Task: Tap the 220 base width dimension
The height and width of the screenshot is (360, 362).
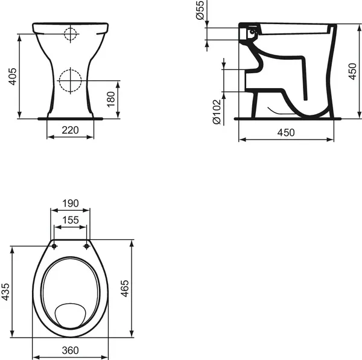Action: [x=71, y=129]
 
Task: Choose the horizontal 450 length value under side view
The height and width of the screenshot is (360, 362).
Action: [x=286, y=132]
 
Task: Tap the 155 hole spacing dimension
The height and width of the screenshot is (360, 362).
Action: [x=71, y=220]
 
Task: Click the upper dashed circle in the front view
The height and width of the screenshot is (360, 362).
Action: [x=71, y=34]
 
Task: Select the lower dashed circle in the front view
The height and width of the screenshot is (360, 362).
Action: [x=71, y=79]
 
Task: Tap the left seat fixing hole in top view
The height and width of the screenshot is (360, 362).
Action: [x=55, y=246]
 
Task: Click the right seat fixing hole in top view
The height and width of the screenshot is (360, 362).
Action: [x=86, y=246]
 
